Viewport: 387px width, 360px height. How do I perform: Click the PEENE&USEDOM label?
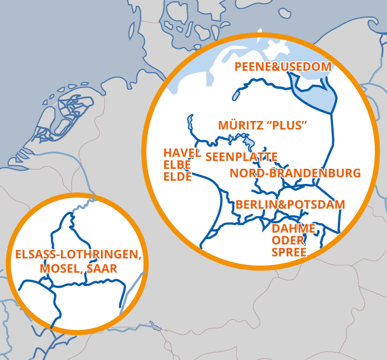tap(283, 67)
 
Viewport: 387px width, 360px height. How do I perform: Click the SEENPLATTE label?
tap(241, 157)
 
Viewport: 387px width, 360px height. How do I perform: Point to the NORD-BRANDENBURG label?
tap(295, 173)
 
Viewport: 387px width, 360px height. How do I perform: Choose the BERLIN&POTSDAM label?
tap(290, 205)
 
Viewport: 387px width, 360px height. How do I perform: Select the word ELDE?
tap(177, 176)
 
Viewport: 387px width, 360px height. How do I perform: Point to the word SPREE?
tap(289, 252)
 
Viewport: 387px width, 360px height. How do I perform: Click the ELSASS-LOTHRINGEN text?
tap(78, 255)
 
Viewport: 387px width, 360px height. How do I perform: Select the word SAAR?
tap(101, 269)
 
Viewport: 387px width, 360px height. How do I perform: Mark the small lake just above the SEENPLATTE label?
tap(248, 142)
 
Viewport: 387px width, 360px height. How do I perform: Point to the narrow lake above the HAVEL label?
tap(189, 122)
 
